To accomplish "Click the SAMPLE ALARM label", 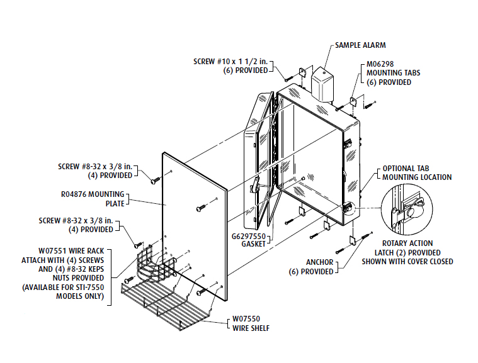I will click(360, 45).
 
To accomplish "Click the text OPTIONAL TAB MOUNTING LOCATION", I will click(416, 173).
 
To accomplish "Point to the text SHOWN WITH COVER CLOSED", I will click(407, 262).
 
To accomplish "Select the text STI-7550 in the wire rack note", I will click(89, 288).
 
